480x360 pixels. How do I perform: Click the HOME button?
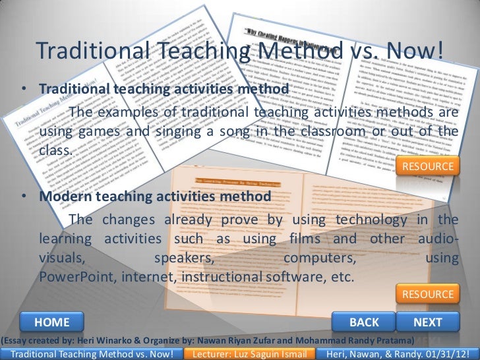[52, 322]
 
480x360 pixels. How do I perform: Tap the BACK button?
[364, 322]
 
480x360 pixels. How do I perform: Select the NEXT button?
[427, 322]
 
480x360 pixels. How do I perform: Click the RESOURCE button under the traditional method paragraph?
[428, 167]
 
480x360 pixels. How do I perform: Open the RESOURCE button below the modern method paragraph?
[428, 294]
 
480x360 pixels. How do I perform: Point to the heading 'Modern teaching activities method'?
[154, 196]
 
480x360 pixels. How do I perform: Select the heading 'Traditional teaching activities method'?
[163, 88]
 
